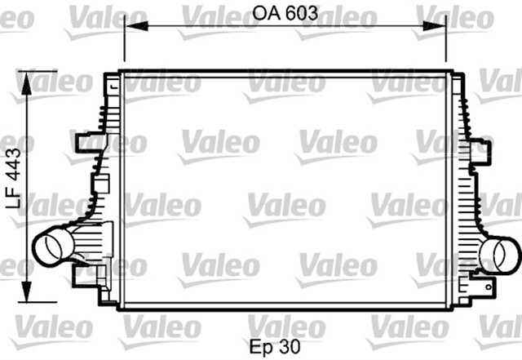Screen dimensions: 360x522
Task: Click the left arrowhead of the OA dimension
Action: pos(129,26)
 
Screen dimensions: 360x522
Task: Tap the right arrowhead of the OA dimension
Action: pos(441,26)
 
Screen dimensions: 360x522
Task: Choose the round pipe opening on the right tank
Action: pos(498,255)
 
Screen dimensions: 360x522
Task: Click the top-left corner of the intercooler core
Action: pos(121,73)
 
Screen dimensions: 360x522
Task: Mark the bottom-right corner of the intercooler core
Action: pos(449,309)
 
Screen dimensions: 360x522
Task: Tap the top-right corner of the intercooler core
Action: pos(449,73)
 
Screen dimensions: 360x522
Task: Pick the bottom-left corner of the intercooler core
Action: pos(121,309)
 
